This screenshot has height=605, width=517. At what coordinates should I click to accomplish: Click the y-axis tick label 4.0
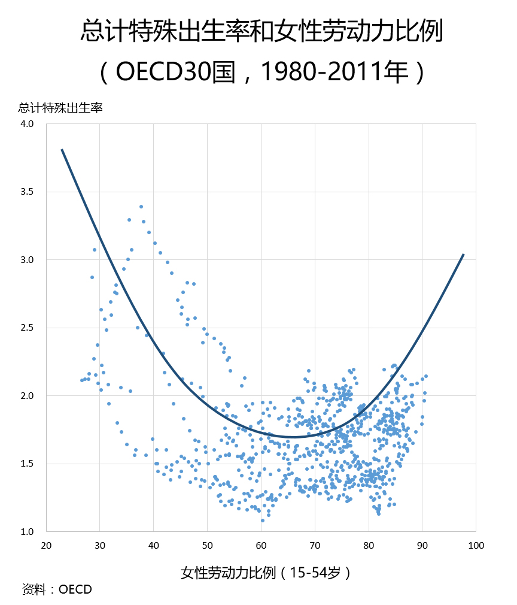(x=27, y=124)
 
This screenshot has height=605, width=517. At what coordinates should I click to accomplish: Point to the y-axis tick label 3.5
(x=27, y=192)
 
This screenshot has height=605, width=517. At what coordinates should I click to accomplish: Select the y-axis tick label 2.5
(x=27, y=328)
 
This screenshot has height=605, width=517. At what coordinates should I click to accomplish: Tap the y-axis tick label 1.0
(x=27, y=532)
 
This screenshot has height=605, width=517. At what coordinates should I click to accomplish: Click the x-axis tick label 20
(x=46, y=546)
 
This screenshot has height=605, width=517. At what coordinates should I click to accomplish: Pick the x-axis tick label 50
(x=208, y=546)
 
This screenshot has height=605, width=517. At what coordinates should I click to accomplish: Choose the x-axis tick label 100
(x=476, y=546)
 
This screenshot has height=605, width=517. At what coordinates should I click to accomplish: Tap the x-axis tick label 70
(x=315, y=546)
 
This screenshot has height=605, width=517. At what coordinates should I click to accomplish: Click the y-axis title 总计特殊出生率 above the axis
(x=60, y=108)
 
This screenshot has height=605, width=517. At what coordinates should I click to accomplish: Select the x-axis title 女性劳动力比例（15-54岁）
(x=266, y=573)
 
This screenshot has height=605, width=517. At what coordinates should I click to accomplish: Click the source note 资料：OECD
(x=57, y=589)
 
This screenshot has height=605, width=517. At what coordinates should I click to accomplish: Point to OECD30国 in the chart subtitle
(x=175, y=71)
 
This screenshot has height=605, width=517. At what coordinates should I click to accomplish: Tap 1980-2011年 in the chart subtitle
(x=334, y=71)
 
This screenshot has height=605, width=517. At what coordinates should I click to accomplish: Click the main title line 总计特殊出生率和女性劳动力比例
(x=261, y=31)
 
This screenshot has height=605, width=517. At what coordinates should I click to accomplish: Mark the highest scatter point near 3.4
(x=141, y=207)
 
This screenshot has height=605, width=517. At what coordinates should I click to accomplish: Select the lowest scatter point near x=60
(x=263, y=521)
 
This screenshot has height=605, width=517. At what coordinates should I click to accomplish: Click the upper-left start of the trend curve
(x=62, y=149)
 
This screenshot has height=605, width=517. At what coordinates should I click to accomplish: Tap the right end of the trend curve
(x=463, y=254)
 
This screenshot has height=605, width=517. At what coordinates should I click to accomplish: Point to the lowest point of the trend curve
(x=293, y=437)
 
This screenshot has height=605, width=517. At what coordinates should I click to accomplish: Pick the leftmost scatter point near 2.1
(x=82, y=380)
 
